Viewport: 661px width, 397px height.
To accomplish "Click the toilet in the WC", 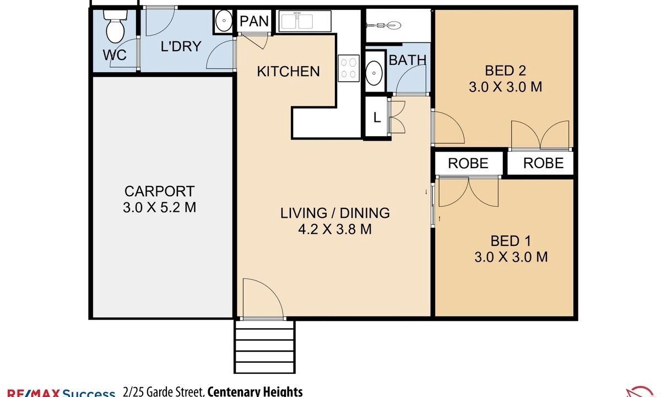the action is [x=115, y=26].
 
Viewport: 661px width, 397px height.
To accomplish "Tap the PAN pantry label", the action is [x=254, y=22].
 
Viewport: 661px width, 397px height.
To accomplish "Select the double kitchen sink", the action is [x=305, y=22].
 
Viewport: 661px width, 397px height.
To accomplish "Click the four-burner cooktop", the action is [x=349, y=68].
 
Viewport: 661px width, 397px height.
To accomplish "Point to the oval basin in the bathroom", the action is [x=374, y=73].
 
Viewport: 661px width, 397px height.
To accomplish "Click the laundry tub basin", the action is [x=224, y=21].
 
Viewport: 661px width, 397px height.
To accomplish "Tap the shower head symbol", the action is [x=383, y=25].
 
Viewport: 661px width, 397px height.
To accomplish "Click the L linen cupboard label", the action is [x=377, y=117].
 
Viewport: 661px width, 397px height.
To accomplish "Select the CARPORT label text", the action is [x=159, y=191].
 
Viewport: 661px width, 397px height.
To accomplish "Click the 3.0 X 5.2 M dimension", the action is [x=159, y=207].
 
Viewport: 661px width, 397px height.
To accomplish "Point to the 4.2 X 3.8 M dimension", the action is [x=335, y=229].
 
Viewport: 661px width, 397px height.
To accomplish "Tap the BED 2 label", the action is [x=505, y=71].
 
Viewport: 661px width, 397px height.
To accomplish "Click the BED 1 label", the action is [x=511, y=241].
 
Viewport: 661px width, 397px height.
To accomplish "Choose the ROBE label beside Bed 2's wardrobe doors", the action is [x=543, y=163].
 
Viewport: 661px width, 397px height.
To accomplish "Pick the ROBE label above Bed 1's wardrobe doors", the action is [x=468, y=163].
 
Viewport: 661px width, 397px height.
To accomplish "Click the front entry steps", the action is [x=265, y=347].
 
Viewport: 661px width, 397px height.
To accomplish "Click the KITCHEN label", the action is [x=288, y=72].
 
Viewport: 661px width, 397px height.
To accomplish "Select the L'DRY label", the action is [x=181, y=47].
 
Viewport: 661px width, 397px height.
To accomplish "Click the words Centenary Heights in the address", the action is [x=255, y=391].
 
